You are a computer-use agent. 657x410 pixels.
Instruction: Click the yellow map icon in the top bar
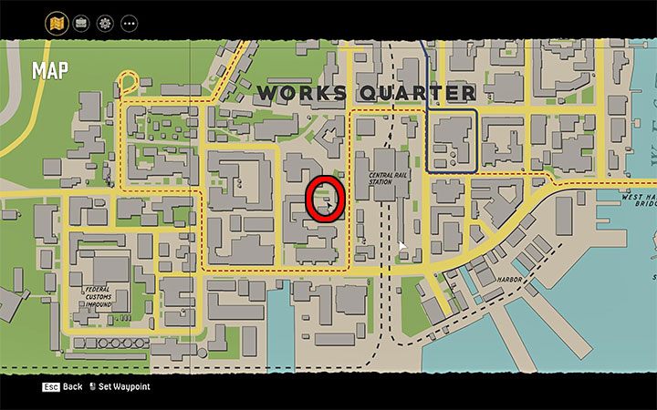[57, 22]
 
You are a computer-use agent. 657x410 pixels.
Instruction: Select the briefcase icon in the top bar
[81, 22]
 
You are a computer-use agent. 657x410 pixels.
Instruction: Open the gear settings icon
[105, 22]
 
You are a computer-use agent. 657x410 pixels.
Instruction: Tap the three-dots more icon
[129, 22]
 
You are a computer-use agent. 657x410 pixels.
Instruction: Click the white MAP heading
[49, 71]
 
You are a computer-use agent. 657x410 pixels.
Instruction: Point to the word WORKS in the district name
[302, 93]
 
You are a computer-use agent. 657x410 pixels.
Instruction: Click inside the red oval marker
[324, 199]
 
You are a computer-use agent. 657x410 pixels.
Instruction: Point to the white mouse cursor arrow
[401, 246]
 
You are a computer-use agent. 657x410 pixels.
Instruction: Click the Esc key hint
[50, 387]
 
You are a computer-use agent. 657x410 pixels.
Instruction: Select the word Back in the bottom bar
[73, 387]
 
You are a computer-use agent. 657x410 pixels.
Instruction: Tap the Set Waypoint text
[125, 387]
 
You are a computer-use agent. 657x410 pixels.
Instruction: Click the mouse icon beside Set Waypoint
[92, 387]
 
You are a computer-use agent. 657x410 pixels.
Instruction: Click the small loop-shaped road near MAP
[127, 85]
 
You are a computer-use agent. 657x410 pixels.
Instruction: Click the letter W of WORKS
[267, 93]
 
